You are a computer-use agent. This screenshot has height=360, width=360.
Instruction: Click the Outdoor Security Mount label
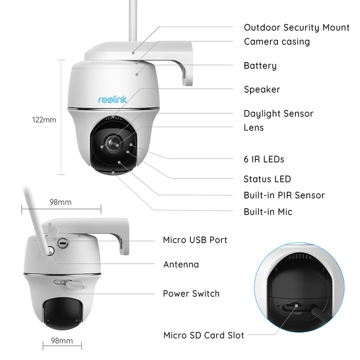point(297,27)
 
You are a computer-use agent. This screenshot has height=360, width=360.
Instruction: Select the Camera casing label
point(277,42)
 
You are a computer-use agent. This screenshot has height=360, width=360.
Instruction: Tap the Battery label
point(260,66)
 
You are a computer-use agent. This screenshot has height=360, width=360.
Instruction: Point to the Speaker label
point(262,90)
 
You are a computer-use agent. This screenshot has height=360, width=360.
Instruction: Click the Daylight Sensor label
point(278,114)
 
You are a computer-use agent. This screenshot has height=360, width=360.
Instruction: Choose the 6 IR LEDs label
point(264,159)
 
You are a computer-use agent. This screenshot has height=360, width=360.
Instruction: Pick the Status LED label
point(267,179)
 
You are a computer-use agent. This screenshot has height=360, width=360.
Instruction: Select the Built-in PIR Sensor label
point(284,195)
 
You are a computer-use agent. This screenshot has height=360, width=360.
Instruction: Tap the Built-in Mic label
point(268,212)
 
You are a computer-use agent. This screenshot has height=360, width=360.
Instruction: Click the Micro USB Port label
point(195,240)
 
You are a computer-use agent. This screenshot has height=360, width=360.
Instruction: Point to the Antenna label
point(181,265)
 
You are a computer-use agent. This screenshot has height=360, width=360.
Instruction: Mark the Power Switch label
point(191,294)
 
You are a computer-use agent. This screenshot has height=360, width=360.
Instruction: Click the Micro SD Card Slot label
point(204,335)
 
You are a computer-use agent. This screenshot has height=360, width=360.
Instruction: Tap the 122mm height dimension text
point(44,120)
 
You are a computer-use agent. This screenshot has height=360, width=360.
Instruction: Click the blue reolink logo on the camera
point(112,99)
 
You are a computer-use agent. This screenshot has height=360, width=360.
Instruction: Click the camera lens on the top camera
point(112,142)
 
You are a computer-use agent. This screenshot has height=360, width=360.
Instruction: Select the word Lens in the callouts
point(253,128)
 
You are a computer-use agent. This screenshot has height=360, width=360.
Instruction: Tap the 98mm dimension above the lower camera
point(60,202)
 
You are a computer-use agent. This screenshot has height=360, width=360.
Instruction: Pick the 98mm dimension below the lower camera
point(62,341)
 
